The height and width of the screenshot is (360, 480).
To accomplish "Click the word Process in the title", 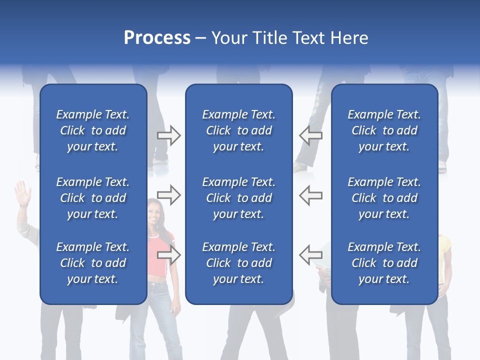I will tap(157, 38).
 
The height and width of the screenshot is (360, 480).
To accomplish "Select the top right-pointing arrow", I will tap(169, 135).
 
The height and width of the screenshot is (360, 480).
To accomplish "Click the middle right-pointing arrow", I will tap(169, 195).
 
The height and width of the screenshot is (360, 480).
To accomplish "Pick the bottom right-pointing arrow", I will tap(169, 255).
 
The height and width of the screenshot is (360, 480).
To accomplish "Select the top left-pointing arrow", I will tap(310, 135).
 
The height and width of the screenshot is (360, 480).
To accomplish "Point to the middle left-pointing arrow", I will tap(310, 195).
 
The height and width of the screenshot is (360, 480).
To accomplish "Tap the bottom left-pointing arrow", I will tap(310, 255).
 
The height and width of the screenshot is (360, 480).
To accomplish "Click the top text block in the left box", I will tap(93, 130).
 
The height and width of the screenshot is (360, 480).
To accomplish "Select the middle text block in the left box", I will tap(93, 198).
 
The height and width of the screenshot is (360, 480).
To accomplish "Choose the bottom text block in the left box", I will tap(93, 263).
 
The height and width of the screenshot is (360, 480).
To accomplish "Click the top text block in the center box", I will tap(238, 130).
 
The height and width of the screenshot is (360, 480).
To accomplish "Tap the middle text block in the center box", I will tap(238, 198).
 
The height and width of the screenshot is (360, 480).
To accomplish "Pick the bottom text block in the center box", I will tap(238, 263).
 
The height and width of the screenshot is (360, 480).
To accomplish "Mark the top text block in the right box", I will tap(384, 130).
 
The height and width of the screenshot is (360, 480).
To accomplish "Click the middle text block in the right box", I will tap(384, 198).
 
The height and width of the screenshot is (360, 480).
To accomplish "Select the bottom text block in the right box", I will tap(384, 263).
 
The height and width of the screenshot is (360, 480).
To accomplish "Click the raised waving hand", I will tap(22, 192).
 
